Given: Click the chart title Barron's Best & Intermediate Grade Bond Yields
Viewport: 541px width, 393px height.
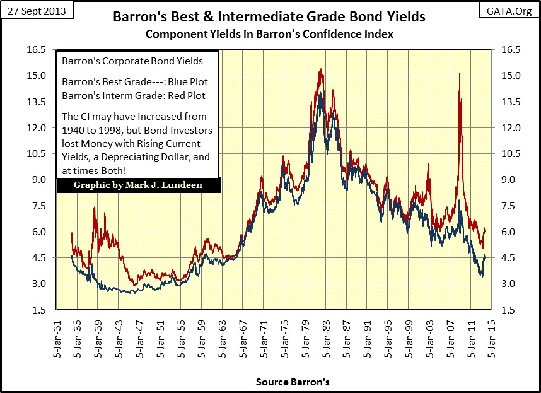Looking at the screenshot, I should click(269, 16).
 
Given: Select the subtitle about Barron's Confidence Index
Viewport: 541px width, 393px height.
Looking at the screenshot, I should click(269, 34).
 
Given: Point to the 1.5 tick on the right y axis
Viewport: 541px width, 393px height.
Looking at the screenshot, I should click(511, 310).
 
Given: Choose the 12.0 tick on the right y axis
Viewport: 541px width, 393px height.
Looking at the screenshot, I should click(511, 128).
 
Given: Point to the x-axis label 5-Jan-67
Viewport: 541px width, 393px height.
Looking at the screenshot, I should click(245, 341).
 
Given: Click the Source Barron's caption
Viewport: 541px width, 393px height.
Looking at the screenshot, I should click(293, 382).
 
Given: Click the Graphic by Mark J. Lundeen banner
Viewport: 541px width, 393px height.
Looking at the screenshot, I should click(138, 186).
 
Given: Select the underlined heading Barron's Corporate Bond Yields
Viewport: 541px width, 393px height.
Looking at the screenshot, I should click(132, 61).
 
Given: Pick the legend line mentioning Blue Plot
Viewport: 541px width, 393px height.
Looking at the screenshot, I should click(135, 82).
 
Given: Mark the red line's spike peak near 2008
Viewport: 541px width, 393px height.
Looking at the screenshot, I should click(459, 74).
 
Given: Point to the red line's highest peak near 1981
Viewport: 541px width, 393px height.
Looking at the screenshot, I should click(322, 69).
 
